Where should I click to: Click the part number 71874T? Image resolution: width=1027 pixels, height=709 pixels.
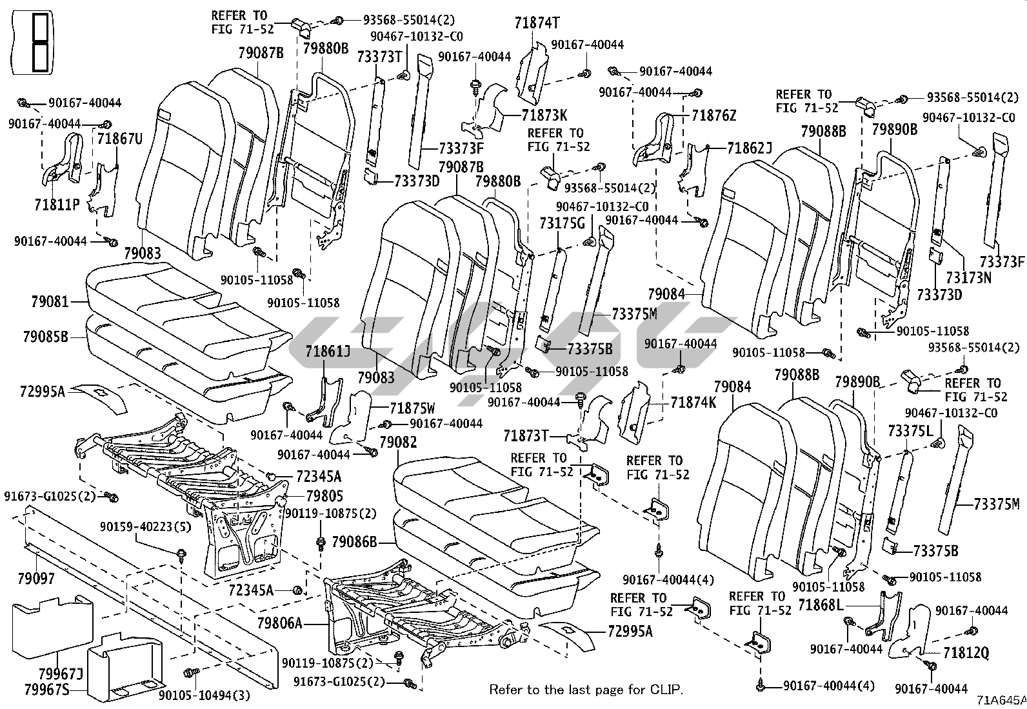pyautogui.click(x=536, y=23)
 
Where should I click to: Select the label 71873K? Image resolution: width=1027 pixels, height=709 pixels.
pyautogui.click(x=544, y=115)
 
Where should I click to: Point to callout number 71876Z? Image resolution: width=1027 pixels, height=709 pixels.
pyautogui.click(x=713, y=116)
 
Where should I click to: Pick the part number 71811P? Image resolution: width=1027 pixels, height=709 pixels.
pyautogui.click(x=57, y=205)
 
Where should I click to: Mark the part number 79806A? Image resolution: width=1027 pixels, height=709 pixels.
pyautogui.click(x=280, y=623)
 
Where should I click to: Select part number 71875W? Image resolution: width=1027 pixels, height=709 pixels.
pyautogui.click(x=412, y=409)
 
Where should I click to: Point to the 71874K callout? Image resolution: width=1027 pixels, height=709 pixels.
pyautogui.click(x=693, y=403)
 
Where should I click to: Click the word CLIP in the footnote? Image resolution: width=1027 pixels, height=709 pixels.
pyautogui.click(x=666, y=689)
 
